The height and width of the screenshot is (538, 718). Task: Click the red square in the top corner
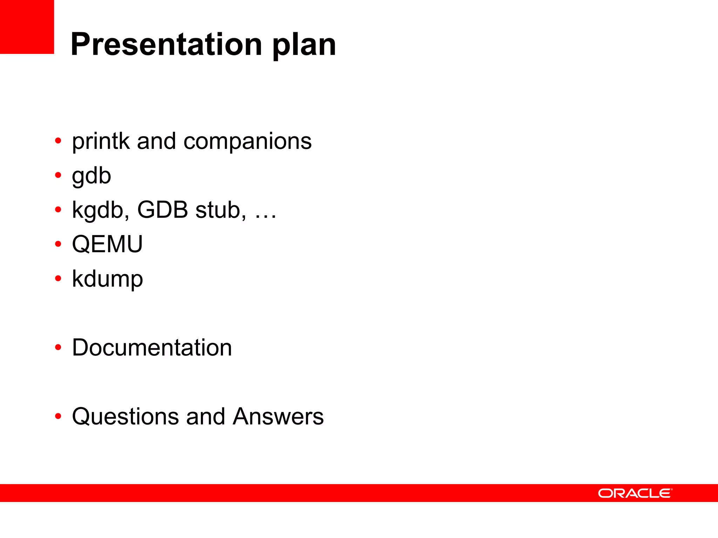27,27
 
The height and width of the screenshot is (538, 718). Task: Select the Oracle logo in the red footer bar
635,493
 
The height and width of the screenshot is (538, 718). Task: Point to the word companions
248,142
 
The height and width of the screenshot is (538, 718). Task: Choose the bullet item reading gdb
92,176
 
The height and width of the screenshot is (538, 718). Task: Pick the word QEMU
107,244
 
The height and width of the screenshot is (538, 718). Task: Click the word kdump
107,279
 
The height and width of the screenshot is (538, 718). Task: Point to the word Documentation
152,347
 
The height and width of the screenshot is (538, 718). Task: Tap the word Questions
125,417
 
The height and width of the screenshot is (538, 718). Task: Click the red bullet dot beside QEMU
58,244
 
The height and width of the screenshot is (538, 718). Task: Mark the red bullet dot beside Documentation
58,347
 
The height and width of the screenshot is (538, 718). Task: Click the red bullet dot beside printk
58,141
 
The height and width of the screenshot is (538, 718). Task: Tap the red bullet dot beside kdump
58,279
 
